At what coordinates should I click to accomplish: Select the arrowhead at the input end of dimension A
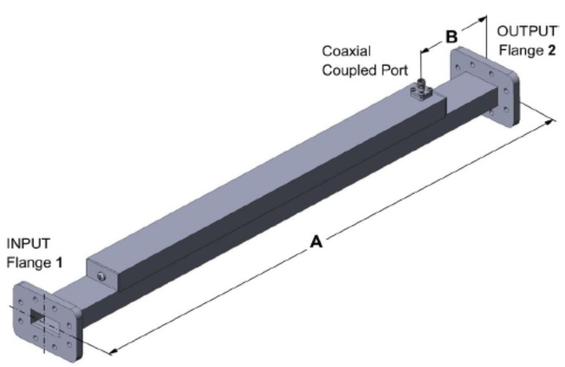(112, 348)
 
